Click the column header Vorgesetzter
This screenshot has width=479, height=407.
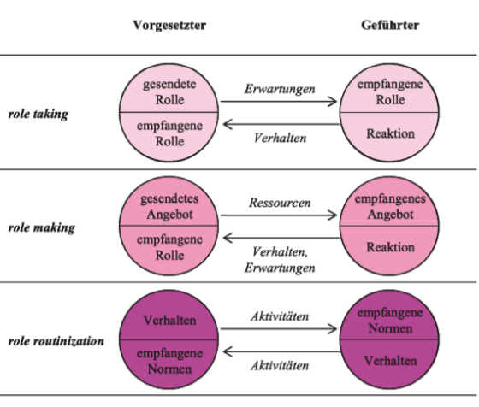(x=169, y=26)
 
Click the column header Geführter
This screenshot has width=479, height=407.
(x=390, y=25)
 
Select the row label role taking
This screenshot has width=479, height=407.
(x=38, y=115)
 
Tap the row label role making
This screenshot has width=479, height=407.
(x=42, y=228)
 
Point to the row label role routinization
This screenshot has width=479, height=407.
(x=56, y=341)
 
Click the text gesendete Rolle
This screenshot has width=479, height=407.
(x=169, y=91)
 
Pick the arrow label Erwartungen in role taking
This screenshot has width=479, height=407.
(x=280, y=89)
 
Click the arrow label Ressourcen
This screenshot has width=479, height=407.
(x=280, y=203)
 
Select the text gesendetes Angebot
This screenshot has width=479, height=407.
(x=169, y=206)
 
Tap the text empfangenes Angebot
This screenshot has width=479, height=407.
(x=390, y=206)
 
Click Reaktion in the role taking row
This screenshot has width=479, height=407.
(x=390, y=133)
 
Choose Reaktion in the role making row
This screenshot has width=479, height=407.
(x=390, y=247)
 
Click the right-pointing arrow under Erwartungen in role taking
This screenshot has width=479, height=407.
(x=279, y=102)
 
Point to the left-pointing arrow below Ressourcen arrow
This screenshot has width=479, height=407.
(x=281, y=238)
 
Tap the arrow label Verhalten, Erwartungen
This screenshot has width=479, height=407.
(x=280, y=260)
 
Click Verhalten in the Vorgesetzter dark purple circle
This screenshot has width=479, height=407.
(x=169, y=321)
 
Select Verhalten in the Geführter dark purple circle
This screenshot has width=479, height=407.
(x=390, y=361)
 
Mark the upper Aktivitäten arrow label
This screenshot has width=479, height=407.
(x=280, y=316)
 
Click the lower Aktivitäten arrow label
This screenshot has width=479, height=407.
(x=280, y=366)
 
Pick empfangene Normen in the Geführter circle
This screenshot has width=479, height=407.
(x=390, y=321)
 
